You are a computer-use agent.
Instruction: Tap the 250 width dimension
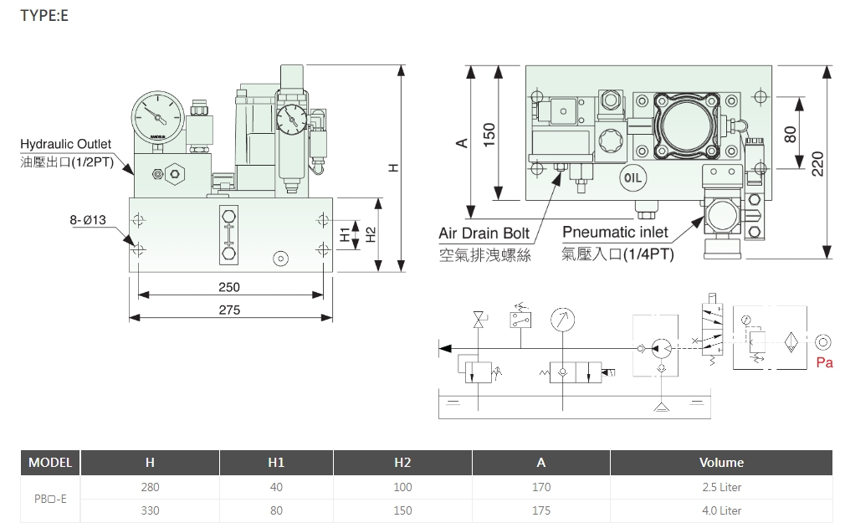click(228, 287)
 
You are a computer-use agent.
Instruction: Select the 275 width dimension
click(228, 310)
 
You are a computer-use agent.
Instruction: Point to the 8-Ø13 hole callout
click(88, 221)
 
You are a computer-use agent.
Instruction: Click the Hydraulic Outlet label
click(65, 145)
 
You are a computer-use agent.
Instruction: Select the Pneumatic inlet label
click(615, 231)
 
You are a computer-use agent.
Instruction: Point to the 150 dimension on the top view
click(489, 134)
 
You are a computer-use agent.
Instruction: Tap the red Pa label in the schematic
click(824, 362)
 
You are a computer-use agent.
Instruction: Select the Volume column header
click(720, 462)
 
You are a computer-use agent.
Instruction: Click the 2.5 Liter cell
click(720, 487)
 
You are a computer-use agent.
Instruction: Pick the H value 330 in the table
click(150, 510)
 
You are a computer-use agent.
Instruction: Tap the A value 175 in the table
click(541, 510)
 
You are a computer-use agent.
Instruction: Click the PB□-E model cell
click(50, 499)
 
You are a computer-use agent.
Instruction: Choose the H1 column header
click(276, 462)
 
